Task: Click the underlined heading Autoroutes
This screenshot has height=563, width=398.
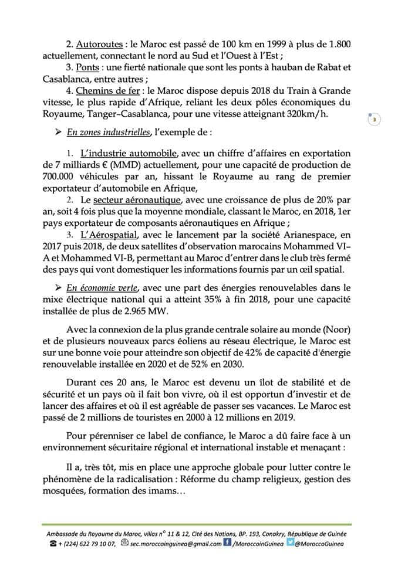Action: pyautogui.click(x=99, y=44)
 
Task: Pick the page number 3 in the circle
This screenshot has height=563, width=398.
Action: pyautogui.click(x=374, y=120)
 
